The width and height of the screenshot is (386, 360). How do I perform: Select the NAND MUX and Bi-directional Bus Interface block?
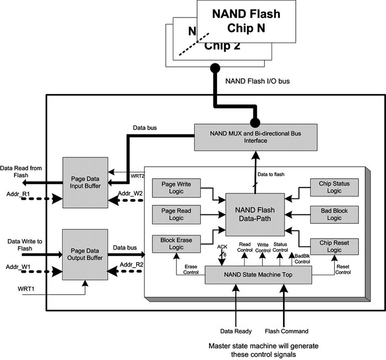[x=256, y=137]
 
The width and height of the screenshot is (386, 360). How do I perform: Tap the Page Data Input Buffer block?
[x=85, y=182]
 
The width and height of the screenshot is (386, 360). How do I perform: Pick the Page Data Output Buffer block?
[x=85, y=255]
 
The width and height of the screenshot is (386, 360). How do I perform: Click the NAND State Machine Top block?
[x=258, y=275]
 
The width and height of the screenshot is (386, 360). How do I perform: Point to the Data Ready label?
[x=236, y=331]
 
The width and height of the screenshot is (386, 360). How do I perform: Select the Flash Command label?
[x=287, y=331]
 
